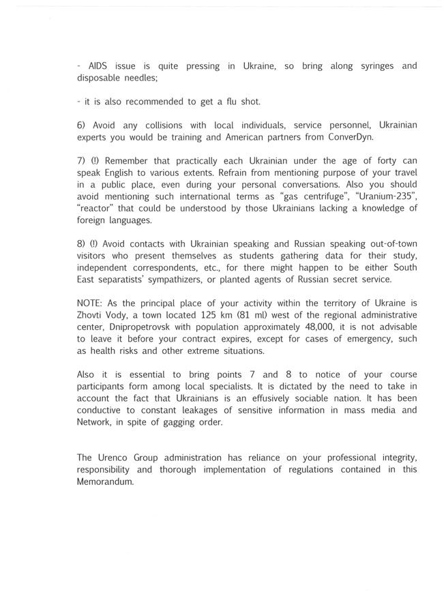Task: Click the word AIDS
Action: click(98, 66)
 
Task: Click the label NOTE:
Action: click(91, 303)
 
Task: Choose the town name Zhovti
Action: click(93, 315)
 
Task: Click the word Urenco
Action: click(113, 457)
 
